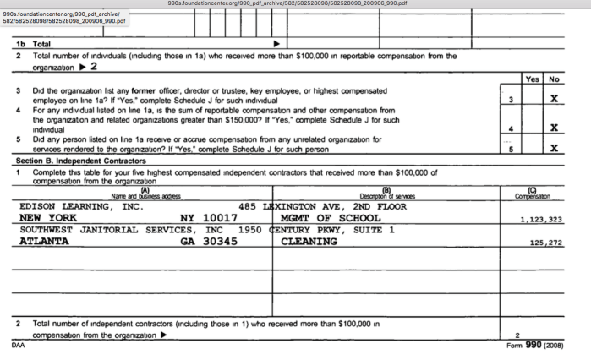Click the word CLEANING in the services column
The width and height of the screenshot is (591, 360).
point(309,242)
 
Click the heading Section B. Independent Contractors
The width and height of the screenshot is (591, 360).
point(80,161)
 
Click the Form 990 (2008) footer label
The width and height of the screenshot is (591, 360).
point(535,346)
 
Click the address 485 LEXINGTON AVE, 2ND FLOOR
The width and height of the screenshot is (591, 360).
point(324,206)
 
